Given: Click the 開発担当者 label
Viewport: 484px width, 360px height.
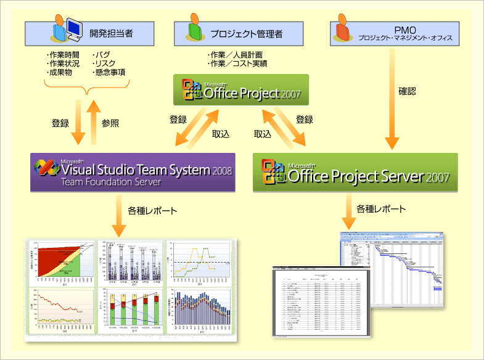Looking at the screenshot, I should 110,33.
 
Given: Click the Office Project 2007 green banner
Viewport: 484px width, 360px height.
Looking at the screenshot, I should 241,90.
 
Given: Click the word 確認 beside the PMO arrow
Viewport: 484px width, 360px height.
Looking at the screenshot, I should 407,91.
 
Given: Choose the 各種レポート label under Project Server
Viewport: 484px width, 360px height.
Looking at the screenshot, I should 381,208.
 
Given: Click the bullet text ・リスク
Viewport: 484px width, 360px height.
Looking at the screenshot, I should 104,63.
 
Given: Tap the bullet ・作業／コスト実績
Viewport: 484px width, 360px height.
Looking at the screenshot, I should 238,63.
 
